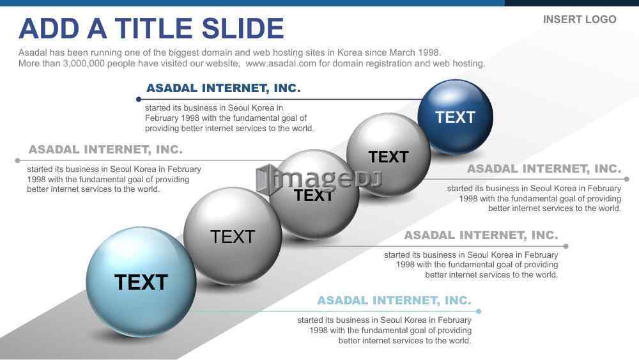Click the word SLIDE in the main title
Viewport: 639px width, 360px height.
coord(242,29)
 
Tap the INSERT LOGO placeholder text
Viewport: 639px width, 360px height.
coord(580,20)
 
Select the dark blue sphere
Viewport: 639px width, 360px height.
coord(455,117)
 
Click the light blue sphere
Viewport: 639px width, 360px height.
coord(141,282)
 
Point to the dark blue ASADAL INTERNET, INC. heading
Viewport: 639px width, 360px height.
coord(223,88)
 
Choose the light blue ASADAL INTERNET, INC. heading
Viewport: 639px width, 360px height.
coord(394,301)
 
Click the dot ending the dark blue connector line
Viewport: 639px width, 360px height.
coord(139,99)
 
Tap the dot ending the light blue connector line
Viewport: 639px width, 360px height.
coord(479,311)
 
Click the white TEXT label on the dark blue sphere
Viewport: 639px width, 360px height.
coord(455,118)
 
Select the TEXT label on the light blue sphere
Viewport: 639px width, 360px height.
coord(141,282)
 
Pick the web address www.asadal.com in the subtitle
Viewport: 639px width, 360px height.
coord(281,63)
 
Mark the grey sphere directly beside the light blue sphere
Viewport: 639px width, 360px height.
coord(233,236)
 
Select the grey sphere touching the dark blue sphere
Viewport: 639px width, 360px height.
coord(389,155)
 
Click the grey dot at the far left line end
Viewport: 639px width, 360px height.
coord(17,160)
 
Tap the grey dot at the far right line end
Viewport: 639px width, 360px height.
coord(627,179)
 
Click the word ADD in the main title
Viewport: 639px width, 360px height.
coord(49,29)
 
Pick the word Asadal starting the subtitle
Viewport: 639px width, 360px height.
coord(33,52)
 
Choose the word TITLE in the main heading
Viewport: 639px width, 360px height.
coord(153,29)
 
